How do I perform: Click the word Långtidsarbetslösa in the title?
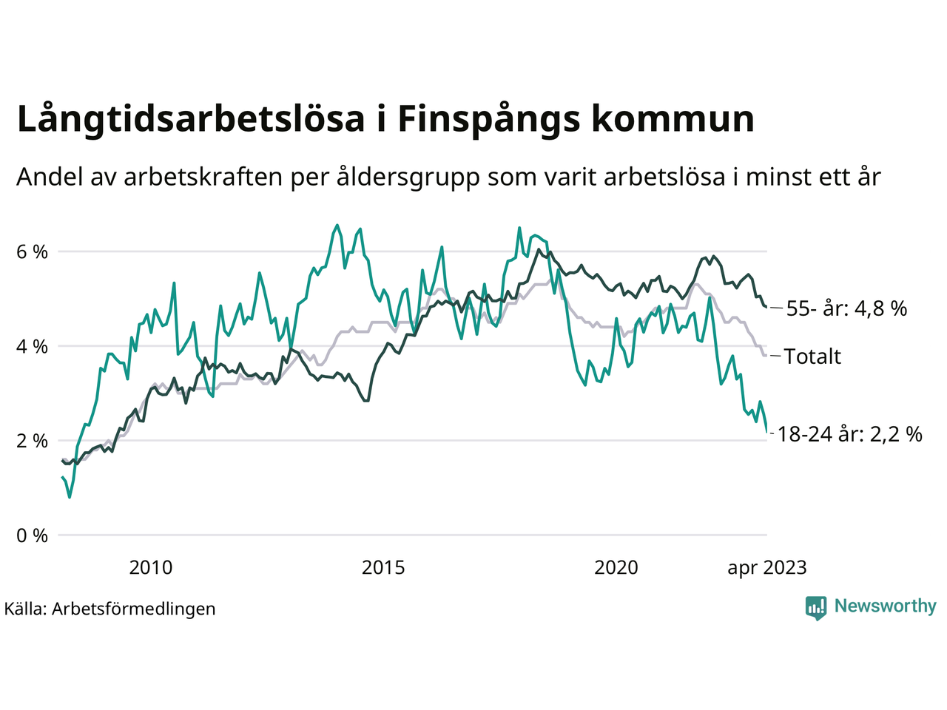coord(191,119)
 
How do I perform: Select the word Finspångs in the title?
coord(488,119)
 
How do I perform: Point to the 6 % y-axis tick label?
coord(32,252)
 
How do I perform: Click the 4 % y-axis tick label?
coord(32,347)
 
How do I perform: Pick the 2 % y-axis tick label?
coord(32,442)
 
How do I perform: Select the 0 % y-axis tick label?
coord(32,536)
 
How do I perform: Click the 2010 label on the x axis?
coord(150,568)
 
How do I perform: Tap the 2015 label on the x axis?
coord(383,568)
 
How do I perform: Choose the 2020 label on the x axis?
coord(616,568)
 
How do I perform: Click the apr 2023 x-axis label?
coord(767,568)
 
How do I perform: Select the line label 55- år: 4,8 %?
coord(846,308)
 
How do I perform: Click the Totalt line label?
coord(812,356)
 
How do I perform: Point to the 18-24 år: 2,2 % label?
coord(850,434)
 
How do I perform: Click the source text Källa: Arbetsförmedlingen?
coord(109,609)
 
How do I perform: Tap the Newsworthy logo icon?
coord(816,608)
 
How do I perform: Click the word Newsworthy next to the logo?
coord(885,606)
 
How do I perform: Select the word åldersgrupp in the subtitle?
coord(408,177)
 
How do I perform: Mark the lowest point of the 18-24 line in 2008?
coord(70,497)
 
